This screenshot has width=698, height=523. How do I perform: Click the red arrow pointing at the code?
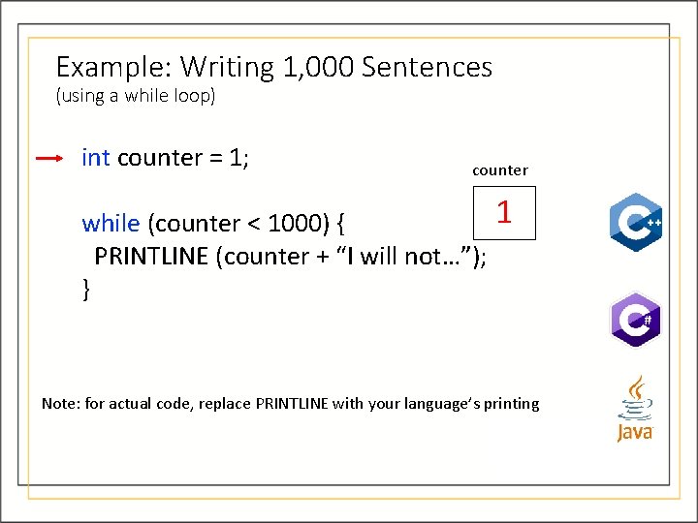point(48,159)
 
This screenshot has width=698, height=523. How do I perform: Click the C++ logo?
point(635,222)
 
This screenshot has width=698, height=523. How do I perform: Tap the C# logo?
point(635,320)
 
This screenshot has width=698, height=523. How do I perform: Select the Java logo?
point(635,409)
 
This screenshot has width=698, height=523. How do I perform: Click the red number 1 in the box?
point(504,212)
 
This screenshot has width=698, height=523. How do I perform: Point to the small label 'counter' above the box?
point(500,170)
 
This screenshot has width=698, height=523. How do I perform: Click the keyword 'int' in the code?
point(96,158)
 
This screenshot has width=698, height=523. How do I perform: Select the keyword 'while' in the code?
point(111,224)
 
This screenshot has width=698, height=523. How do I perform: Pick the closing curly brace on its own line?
point(87,288)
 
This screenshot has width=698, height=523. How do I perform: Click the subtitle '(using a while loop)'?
point(136,97)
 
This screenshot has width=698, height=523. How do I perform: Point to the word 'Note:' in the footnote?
point(61,404)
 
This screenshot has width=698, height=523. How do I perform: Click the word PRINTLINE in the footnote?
point(292,404)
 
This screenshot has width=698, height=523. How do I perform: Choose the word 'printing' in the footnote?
point(511,404)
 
